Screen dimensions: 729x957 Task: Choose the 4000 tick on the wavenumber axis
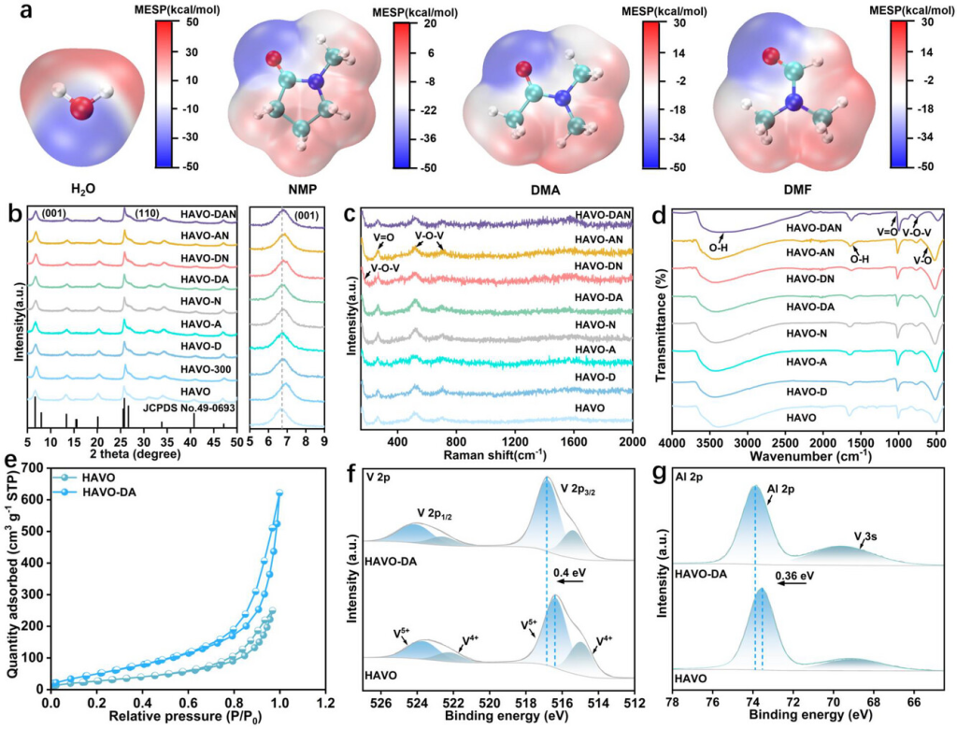click(x=673, y=440)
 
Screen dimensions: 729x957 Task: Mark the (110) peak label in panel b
click(x=145, y=213)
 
